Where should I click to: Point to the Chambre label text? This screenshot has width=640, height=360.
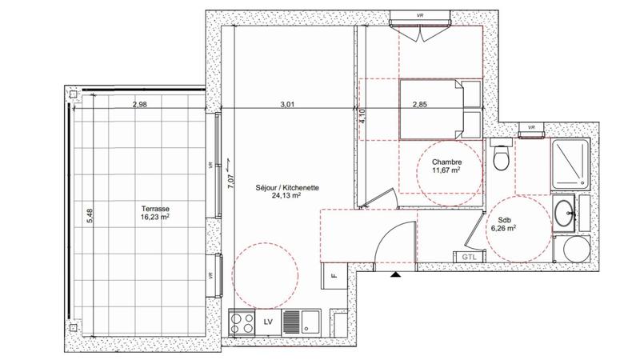[446, 161]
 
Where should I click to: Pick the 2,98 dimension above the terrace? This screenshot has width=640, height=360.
[140, 103]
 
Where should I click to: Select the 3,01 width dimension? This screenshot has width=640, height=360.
[287, 103]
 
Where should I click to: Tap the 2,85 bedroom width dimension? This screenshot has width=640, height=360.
[421, 103]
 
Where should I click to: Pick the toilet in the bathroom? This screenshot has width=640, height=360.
[502, 158]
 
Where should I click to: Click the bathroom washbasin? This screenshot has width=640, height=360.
[563, 212]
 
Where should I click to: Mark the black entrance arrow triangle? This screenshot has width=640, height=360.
[394, 274]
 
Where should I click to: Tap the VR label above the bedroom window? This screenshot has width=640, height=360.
[419, 15]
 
